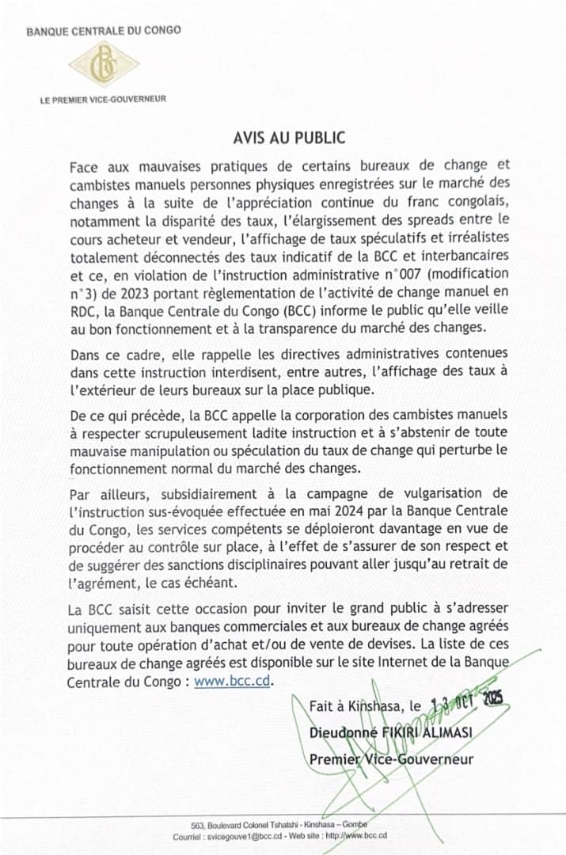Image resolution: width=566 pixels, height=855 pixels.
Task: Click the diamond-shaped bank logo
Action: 103,66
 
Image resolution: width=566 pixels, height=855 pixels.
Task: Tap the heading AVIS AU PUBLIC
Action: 289,138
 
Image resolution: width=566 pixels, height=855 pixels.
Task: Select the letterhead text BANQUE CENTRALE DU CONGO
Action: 103,31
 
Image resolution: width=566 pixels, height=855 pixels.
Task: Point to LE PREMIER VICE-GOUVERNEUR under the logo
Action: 103,100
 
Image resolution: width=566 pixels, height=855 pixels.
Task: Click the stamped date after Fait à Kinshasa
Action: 467,702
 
